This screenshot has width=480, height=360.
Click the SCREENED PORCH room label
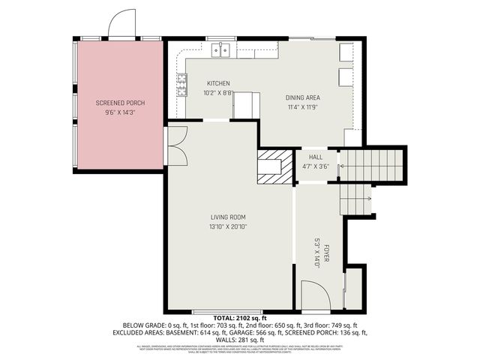tap(120, 103)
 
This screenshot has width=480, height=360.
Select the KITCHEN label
tap(218, 83)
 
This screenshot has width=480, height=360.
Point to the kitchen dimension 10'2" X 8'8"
tap(218, 93)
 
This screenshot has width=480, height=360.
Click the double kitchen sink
tap(220, 50)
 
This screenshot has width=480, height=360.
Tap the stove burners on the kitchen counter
tap(181, 86)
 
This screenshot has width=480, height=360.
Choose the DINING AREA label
tap(303, 97)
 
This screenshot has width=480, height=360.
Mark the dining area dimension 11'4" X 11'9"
tap(303, 107)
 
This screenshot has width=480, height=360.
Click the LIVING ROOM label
tap(228, 217)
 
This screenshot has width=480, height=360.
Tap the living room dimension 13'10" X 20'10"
tap(228, 226)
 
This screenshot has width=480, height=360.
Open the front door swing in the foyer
tap(314, 295)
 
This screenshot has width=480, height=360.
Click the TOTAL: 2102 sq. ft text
tap(239, 319)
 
